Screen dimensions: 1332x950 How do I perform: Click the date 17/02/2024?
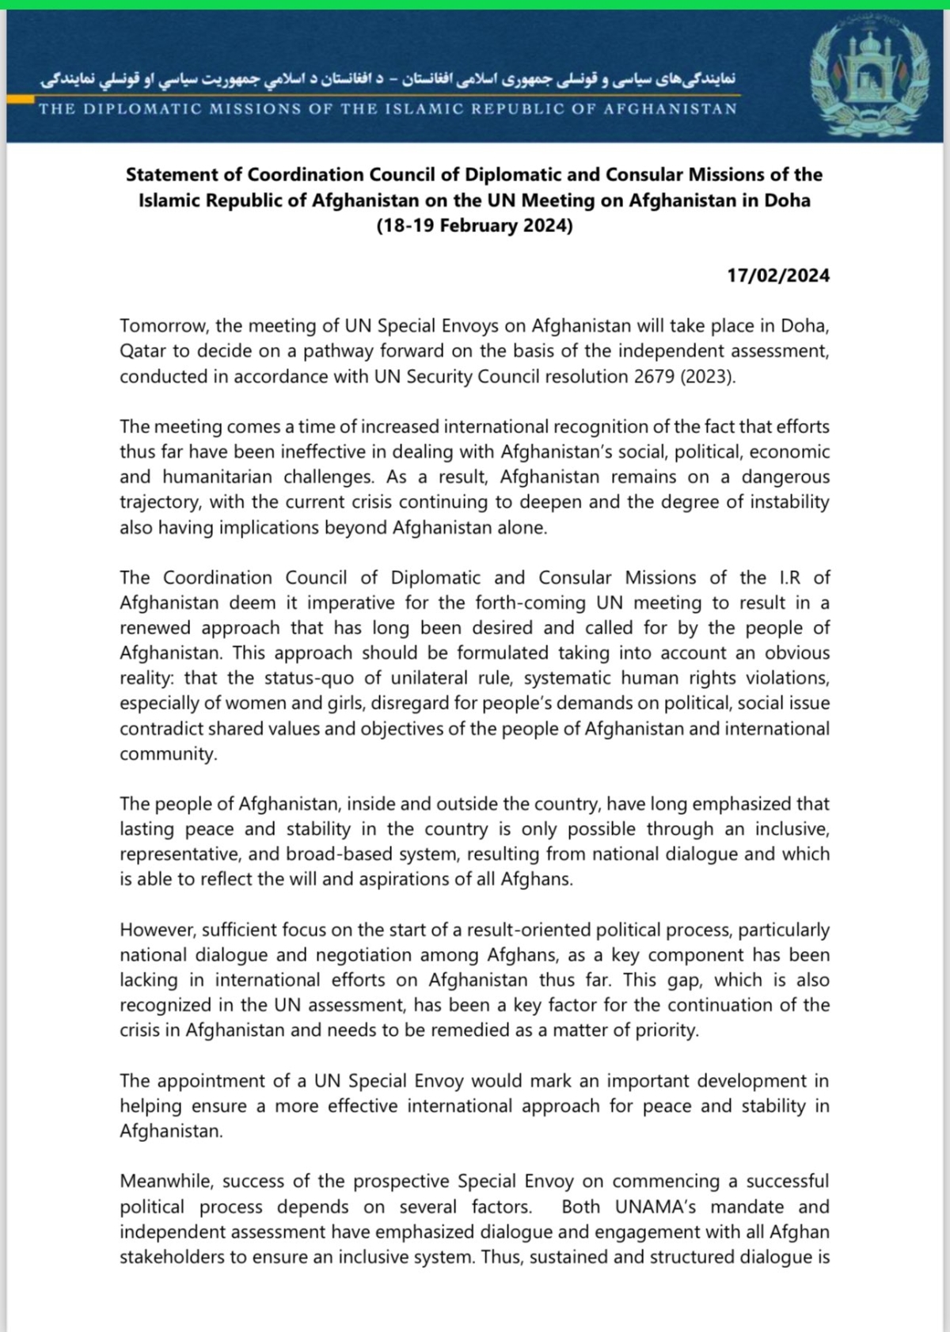pos(778,276)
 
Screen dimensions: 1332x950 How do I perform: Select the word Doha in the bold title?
pos(787,200)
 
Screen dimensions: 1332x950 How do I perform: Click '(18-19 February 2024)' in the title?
pos(474,225)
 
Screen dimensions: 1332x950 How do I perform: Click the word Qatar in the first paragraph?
pos(142,351)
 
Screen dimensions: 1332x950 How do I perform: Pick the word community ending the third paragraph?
pos(168,754)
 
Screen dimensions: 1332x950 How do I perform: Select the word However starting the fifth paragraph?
pos(156,930)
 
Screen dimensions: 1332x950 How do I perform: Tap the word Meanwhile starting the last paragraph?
pos(166,1182)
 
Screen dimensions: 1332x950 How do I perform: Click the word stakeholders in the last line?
pos(173,1257)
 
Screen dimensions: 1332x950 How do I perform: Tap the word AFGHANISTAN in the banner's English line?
pos(670,108)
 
